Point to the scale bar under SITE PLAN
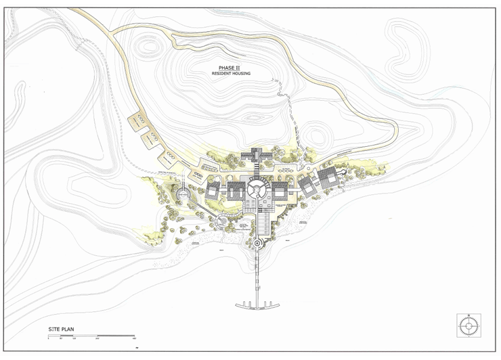pyautogui.click(x=91, y=336)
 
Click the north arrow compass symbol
pyautogui.click(x=468, y=325)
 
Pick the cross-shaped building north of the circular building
pyautogui.click(x=258, y=155)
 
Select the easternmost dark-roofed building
pyautogui.click(x=328, y=179)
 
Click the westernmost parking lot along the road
pyautogui.click(x=139, y=121)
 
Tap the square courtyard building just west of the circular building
pyautogui.click(x=235, y=189)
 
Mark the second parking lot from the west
pyautogui.click(x=150, y=139)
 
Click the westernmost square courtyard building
pyautogui.click(x=214, y=189)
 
